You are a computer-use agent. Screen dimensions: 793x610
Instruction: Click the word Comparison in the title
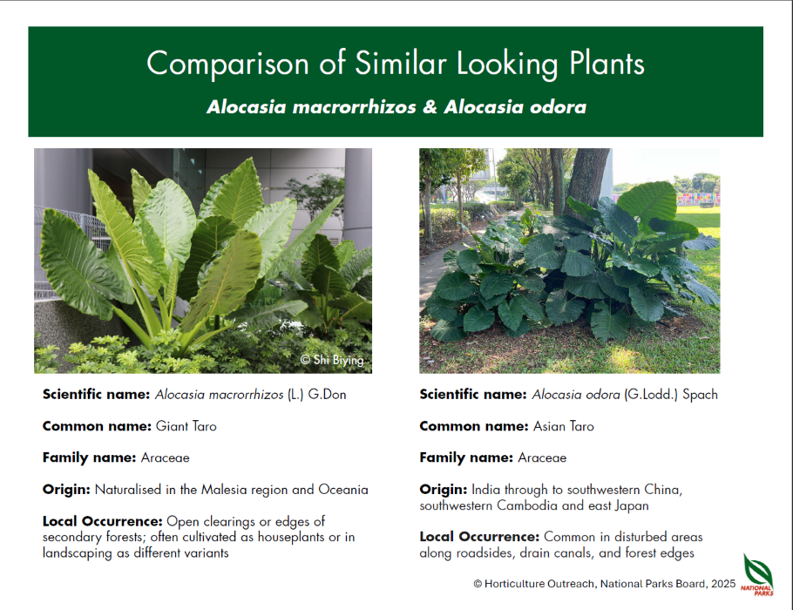coord(227,64)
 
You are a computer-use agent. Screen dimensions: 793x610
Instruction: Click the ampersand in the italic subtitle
coord(430,107)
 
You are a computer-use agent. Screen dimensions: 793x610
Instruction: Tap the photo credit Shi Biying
coord(332,360)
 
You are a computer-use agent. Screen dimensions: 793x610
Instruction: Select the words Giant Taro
coord(186,426)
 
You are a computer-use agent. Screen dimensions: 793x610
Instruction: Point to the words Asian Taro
coord(564,426)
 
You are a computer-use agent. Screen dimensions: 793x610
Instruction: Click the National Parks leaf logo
coord(757,574)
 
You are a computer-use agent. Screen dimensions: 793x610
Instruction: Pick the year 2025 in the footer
coord(723,584)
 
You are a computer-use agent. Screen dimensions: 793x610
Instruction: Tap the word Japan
coord(632,505)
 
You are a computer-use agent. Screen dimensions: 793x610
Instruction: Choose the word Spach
coord(700,395)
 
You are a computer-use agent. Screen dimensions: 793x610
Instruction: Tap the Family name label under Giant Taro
coord(89,457)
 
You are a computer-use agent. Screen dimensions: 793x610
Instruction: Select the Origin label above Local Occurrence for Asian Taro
coord(443,490)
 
